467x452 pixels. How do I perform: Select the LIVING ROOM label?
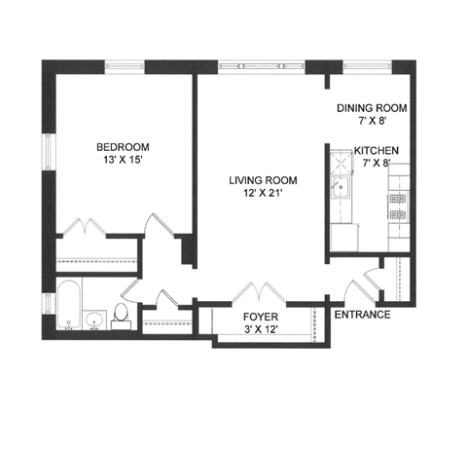[262, 180]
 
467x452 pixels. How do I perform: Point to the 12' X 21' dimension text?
[262, 195]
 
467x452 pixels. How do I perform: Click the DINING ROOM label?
[371, 108]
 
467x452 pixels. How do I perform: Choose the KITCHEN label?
[377, 150]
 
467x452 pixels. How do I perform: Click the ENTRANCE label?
[362, 315]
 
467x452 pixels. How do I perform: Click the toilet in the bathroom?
[122, 313]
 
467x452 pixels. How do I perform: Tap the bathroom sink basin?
[95, 320]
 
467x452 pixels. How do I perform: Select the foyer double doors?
[257, 292]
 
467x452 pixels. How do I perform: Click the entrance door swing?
[362, 282]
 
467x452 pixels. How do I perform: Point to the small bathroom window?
[47, 304]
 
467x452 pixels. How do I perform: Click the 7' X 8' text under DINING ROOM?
[371, 123]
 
